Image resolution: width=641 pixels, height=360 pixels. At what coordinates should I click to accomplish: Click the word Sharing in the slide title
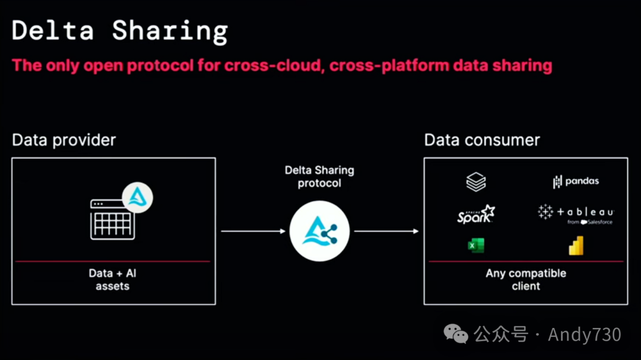(170, 31)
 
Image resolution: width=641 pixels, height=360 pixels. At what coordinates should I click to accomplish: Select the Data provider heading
(64, 141)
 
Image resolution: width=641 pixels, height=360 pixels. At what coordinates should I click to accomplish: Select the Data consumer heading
(482, 141)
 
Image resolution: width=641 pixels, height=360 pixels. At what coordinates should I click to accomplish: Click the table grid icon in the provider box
(113, 219)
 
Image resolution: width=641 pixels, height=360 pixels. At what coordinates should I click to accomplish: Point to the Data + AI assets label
(113, 279)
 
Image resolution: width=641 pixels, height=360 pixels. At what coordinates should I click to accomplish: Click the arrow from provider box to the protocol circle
(252, 231)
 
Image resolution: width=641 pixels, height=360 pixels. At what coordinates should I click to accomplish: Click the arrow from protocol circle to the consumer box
(386, 231)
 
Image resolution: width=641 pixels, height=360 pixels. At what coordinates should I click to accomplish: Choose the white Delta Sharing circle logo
(319, 231)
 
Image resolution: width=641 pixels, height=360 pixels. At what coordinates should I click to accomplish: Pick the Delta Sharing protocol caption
(319, 177)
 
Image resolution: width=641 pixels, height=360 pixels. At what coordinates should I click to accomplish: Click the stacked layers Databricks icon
(476, 182)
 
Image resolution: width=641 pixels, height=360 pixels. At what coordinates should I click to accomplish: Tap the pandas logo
(576, 181)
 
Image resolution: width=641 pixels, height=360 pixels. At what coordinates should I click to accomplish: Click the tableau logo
(576, 213)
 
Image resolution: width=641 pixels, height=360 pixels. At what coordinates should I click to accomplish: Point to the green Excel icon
(475, 245)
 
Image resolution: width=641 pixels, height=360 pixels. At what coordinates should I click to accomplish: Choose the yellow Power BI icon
(576, 246)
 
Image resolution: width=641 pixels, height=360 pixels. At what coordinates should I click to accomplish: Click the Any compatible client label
(526, 279)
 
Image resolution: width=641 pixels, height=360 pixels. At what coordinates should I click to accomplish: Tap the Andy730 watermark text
(584, 334)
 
